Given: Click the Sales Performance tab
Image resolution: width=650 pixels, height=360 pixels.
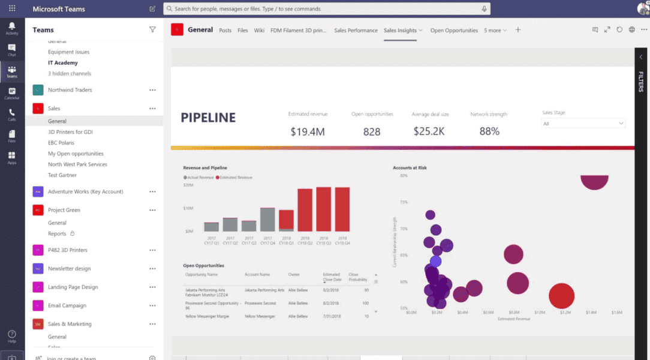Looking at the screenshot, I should pyautogui.click(x=356, y=31).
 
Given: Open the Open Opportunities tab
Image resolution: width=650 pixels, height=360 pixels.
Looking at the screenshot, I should pyautogui.click(x=454, y=31).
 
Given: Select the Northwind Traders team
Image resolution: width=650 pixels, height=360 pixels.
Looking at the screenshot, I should pyautogui.click(x=70, y=90).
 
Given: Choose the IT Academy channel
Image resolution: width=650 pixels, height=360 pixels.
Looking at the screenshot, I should pyautogui.click(x=63, y=63).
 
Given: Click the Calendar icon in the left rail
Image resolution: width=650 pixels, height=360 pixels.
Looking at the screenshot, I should pyautogui.click(x=12, y=93).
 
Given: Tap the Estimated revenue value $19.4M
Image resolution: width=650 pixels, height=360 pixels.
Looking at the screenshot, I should pyautogui.click(x=308, y=131).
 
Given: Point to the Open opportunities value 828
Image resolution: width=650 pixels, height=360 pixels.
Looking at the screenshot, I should pyautogui.click(x=372, y=131).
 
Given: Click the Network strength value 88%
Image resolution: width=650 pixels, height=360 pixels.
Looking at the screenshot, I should pyautogui.click(x=489, y=131).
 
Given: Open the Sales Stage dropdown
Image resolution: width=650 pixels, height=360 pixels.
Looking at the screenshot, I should pyautogui.click(x=583, y=124).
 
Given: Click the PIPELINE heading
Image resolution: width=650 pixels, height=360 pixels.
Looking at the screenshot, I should pyautogui.click(x=208, y=118).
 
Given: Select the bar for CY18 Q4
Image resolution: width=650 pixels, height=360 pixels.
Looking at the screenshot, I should pyautogui.click(x=342, y=209).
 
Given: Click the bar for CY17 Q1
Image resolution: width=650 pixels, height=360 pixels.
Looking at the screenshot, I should pyautogui.click(x=211, y=227).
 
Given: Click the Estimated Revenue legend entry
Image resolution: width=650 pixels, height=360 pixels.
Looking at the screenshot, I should pyautogui.click(x=237, y=178).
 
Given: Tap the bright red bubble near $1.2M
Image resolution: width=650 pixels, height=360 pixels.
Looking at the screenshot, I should pyautogui.click(x=562, y=296).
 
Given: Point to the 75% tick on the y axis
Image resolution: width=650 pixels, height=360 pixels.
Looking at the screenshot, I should pyautogui.click(x=404, y=202).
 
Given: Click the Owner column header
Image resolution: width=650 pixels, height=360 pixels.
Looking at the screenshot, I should pyautogui.click(x=294, y=275).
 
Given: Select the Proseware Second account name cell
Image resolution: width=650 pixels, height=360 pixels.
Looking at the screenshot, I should pyautogui.click(x=260, y=303).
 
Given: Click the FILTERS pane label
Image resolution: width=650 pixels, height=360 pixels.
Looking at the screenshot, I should pyautogui.click(x=641, y=82).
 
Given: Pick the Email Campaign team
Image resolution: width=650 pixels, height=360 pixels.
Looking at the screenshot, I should pyautogui.click(x=67, y=305).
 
